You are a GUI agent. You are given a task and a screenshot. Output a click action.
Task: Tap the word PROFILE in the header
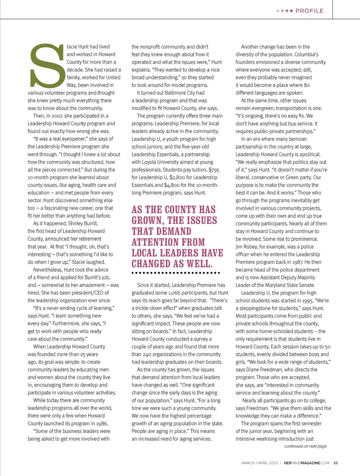click(x=309, y=11)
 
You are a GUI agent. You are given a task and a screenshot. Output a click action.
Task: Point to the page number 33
click(x=335, y=463)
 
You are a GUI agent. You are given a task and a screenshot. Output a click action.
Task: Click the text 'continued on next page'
click(x=305, y=446)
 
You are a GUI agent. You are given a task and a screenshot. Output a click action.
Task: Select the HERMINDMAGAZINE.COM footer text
click(x=306, y=463)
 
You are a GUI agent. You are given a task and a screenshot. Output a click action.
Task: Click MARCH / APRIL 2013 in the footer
click(x=259, y=463)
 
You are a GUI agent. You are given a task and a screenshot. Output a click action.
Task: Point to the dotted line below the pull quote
click(x=175, y=273)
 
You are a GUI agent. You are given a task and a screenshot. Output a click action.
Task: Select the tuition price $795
click(x=214, y=170)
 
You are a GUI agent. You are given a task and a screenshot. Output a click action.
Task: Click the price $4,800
click(x=172, y=185)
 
